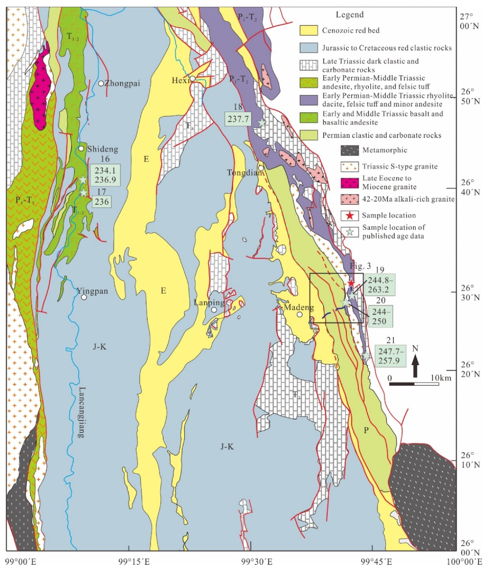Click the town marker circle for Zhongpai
click(x=101, y=83)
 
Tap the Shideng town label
click(x=102, y=149)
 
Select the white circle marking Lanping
click(x=214, y=310)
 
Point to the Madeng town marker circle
click(x=300, y=314)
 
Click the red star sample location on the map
click(x=351, y=282)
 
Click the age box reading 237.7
click(x=238, y=119)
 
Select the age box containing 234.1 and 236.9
click(x=105, y=175)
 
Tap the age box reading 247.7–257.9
click(x=391, y=356)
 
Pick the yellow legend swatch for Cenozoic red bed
click(x=308, y=31)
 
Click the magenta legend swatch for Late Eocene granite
click(x=350, y=183)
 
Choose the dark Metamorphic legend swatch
click(x=350, y=150)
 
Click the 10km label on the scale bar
click(x=441, y=378)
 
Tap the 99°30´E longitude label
click(x=257, y=562)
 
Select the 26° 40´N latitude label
click(x=470, y=187)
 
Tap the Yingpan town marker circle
click(x=84, y=297)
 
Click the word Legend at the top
click(x=349, y=15)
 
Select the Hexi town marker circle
click(x=192, y=79)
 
